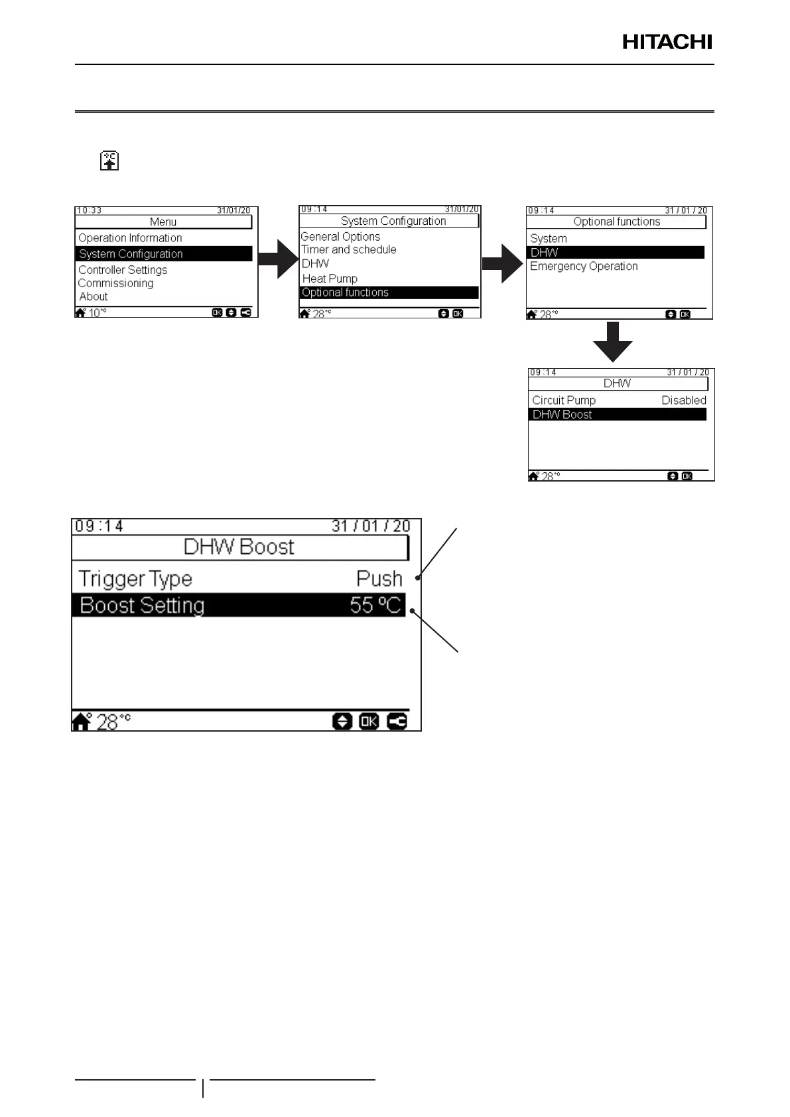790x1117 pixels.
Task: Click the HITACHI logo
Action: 667,42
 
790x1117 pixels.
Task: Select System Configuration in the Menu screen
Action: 131,254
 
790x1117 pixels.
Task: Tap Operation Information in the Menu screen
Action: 130,238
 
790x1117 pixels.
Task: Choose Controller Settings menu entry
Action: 123,270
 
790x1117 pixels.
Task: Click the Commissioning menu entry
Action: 115,283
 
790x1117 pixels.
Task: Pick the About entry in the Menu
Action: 94,296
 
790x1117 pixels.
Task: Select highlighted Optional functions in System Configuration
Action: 345,293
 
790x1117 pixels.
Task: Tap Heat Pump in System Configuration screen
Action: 330,279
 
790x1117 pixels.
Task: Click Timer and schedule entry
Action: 349,249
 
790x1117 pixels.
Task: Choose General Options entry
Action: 340,237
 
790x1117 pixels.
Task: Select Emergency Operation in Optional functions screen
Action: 584,266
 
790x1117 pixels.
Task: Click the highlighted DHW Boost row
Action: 562,415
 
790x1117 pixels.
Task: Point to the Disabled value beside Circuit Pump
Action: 683,400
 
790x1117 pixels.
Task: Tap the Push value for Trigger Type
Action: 379,579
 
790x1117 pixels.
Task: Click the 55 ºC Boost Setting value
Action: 375,605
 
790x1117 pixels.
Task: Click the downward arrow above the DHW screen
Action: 613,341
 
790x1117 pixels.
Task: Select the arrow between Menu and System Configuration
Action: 279,259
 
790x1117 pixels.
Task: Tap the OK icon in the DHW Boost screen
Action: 369,721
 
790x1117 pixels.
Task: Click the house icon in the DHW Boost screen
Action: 82,722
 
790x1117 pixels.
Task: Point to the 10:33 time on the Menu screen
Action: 89,210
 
